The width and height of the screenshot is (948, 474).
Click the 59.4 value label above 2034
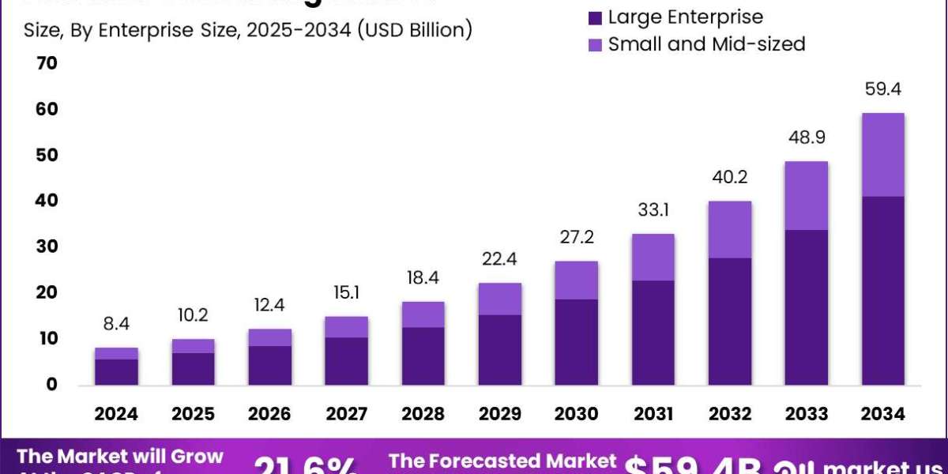(x=882, y=89)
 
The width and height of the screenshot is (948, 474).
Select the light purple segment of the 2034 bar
(x=882, y=154)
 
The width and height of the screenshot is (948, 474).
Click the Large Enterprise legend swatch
(x=595, y=17)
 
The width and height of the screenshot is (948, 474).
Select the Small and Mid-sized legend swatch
(x=595, y=44)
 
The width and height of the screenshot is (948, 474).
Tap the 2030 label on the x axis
(x=576, y=414)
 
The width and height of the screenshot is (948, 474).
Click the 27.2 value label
(x=576, y=237)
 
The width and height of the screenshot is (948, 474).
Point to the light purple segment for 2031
(x=653, y=257)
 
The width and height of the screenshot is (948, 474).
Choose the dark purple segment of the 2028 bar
(x=423, y=355)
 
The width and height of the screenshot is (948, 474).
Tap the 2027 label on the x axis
(x=347, y=414)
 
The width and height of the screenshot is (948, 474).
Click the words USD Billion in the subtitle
(x=416, y=31)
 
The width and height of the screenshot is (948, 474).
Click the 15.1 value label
(x=347, y=293)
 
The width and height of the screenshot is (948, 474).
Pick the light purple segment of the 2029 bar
(x=500, y=299)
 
